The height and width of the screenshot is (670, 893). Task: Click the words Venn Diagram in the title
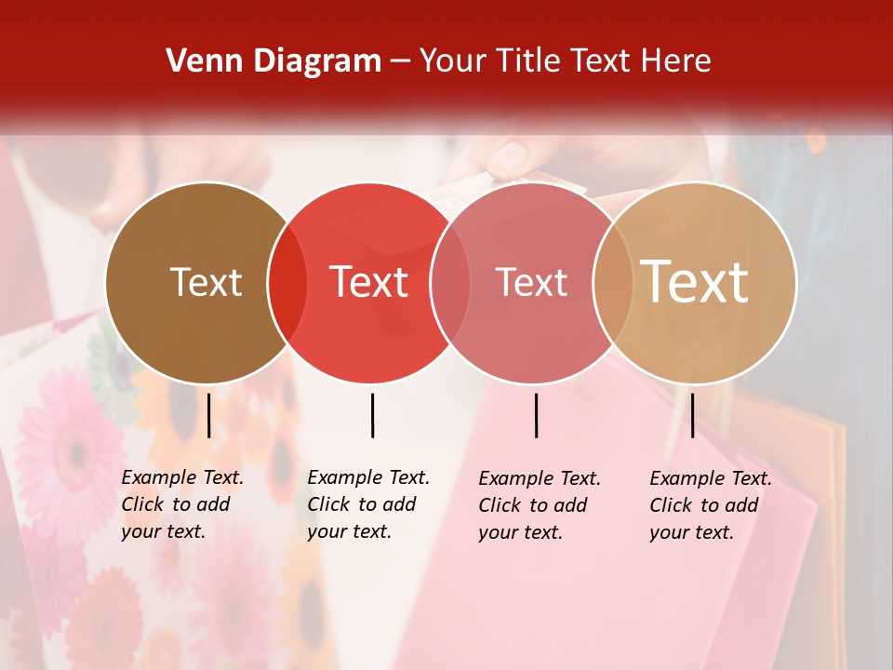point(273,61)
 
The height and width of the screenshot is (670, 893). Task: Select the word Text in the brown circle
point(206,282)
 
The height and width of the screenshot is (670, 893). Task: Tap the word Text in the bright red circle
point(368,282)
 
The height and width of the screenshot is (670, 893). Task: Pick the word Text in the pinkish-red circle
point(531,282)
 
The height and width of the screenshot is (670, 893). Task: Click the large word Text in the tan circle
point(694,282)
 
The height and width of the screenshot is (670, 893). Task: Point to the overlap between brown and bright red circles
point(287,283)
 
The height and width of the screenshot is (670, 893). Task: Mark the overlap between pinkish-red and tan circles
point(612,283)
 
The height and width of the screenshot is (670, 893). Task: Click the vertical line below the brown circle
point(208,415)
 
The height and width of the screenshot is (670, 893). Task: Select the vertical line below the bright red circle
point(372,415)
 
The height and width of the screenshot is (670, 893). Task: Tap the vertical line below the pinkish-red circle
point(537,415)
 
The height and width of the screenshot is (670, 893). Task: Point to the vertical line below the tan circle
point(692,415)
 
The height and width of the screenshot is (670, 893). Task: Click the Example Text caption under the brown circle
point(181,504)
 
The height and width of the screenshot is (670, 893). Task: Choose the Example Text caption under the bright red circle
point(367,504)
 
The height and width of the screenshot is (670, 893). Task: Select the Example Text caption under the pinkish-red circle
point(539,505)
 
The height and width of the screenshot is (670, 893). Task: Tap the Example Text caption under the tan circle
point(710,505)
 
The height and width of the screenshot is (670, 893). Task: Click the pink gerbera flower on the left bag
point(70,447)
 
